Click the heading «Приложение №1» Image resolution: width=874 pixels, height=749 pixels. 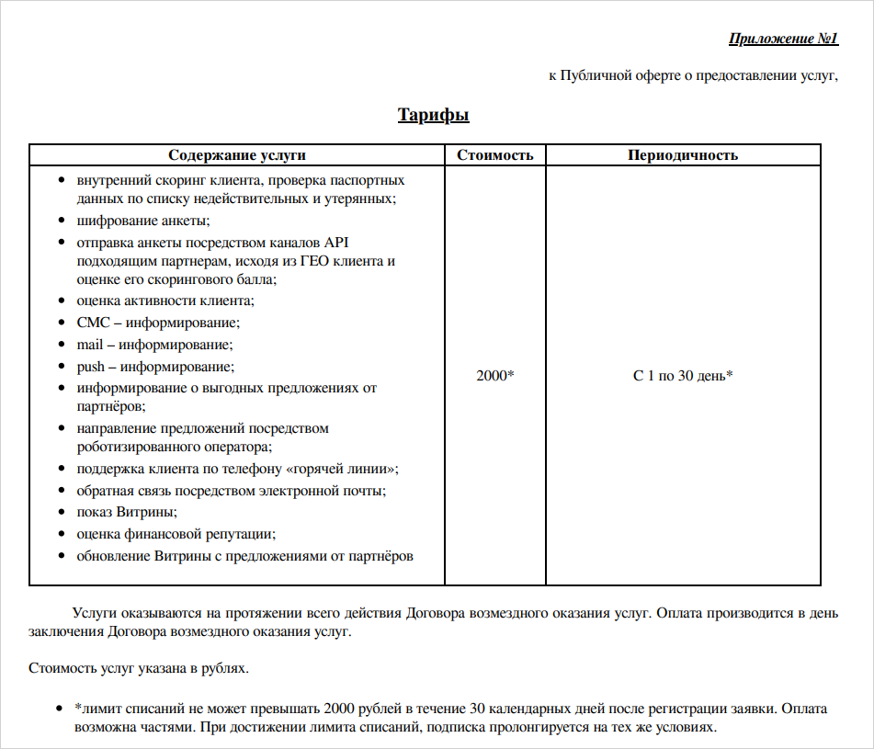coord(783,39)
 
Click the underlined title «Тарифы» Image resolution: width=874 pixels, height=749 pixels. coord(433,115)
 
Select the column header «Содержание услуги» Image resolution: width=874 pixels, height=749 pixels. coord(237,155)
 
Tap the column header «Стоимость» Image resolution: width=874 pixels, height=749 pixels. coord(494,155)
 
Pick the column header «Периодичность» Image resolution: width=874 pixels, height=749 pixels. coord(683,155)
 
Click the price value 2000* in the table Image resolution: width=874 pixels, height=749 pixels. coord(494,376)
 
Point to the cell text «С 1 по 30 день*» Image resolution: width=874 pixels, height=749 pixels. coord(683,376)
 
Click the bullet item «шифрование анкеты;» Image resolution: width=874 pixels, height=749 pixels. coord(143,221)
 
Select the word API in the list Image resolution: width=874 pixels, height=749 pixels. coord(334,243)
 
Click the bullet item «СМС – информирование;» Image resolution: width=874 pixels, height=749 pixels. coord(158,323)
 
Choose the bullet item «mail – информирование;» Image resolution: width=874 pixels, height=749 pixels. coord(154,345)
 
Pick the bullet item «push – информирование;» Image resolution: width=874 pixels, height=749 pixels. coord(156,367)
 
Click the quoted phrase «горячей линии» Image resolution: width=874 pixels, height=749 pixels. coord(344,469)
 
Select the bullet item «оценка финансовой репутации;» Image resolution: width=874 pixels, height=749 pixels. coord(176,534)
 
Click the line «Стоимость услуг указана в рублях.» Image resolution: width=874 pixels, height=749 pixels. coord(139,668)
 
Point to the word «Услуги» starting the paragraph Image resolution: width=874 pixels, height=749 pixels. coord(94,613)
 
